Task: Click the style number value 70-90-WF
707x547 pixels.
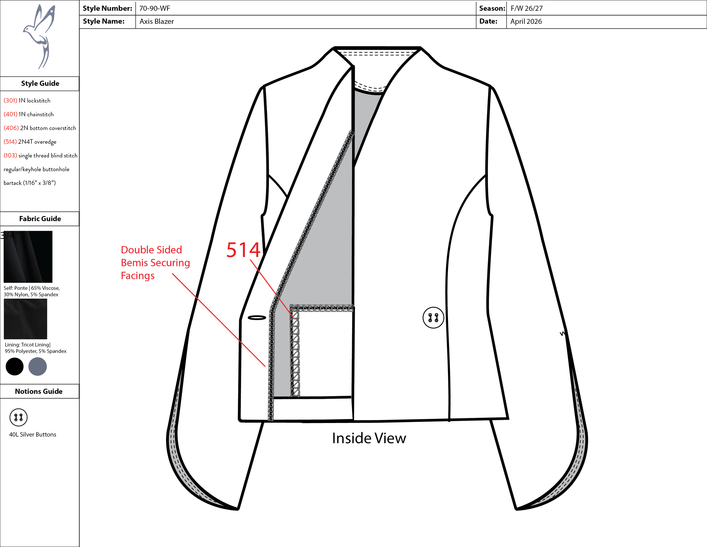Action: pos(154,8)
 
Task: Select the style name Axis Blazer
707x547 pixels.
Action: pos(157,22)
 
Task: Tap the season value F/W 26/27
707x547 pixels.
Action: pos(526,8)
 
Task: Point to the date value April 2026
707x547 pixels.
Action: pos(526,22)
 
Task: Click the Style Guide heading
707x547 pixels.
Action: pos(40,83)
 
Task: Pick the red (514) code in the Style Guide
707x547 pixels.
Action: pos(10,142)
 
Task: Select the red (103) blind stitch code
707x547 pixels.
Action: pos(10,155)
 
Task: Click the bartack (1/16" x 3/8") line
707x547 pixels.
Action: pos(30,183)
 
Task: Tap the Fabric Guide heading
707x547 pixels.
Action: pos(40,219)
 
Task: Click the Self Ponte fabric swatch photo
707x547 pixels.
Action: pos(28,257)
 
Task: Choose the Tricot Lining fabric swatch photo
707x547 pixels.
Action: pos(25,319)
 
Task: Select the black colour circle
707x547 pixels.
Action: pos(15,366)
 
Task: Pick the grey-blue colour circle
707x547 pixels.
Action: pos(38,366)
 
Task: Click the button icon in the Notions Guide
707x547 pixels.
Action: pos(18,417)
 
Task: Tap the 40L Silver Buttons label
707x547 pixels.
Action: pos(33,435)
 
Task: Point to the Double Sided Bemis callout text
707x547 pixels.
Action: pos(155,262)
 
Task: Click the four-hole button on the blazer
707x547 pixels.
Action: pos(433,318)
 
